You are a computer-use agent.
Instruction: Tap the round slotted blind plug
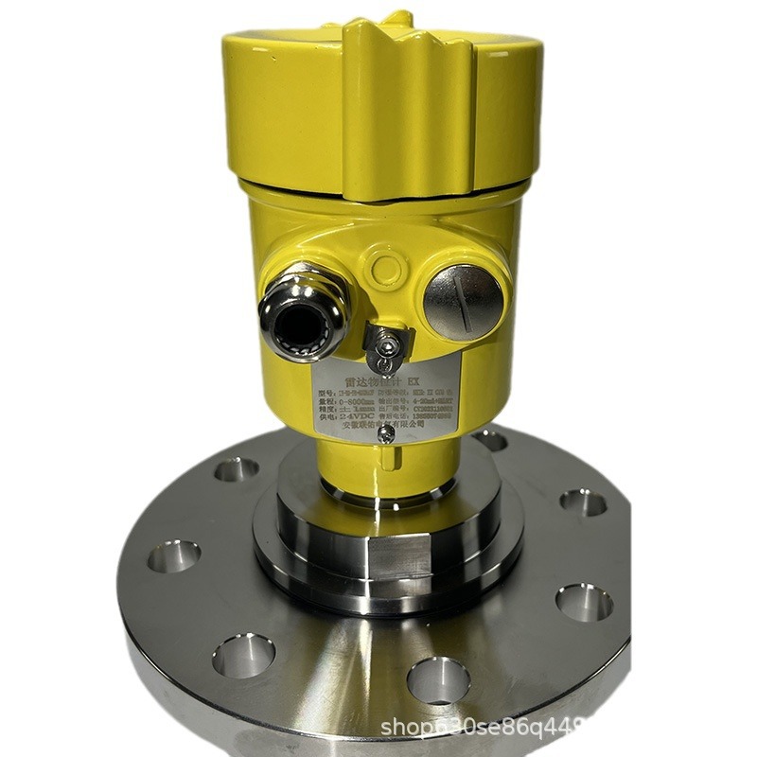point(463,297)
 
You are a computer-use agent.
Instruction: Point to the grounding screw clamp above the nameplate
point(385,346)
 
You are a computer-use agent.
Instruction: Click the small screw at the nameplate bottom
point(386,432)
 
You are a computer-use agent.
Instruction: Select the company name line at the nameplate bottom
point(388,425)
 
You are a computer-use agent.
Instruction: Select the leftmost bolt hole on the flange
point(173,556)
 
